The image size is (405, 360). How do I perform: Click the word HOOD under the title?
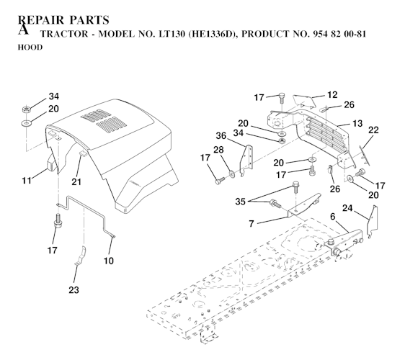[30, 48]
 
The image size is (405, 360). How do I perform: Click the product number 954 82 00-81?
[339, 34]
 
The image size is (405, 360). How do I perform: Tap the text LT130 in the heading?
[172, 34]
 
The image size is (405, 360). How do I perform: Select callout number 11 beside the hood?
[27, 181]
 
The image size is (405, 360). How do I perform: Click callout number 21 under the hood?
[76, 182]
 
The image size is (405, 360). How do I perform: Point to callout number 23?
[74, 290]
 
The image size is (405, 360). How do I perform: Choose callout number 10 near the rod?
[109, 261]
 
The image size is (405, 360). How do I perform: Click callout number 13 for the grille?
[357, 124]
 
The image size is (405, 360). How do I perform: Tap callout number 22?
[373, 130]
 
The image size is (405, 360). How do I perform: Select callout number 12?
[332, 95]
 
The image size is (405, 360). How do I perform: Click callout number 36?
[221, 136]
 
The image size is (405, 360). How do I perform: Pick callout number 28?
[218, 150]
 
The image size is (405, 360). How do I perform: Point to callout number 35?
[240, 202]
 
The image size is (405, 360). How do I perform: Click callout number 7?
[252, 224]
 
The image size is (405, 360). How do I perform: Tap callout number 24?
[347, 208]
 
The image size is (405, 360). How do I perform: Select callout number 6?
[333, 217]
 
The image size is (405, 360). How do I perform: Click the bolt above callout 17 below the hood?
[58, 220]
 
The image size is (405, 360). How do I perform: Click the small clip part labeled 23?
[81, 256]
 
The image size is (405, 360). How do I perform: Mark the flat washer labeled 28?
[232, 174]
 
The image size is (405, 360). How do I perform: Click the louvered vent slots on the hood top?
[104, 120]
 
